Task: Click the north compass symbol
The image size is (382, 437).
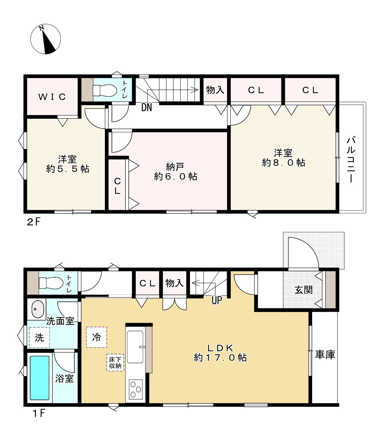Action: (x=45, y=39)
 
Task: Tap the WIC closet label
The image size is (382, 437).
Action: (x=52, y=97)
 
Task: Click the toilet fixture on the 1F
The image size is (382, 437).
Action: (x=48, y=283)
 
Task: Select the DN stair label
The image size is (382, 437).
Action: (x=147, y=107)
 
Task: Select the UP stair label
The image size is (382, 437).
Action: (x=217, y=301)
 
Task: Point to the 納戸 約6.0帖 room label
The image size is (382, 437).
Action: (x=176, y=172)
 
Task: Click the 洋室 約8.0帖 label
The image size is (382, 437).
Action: (x=283, y=157)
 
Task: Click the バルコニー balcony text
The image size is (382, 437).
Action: (x=352, y=159)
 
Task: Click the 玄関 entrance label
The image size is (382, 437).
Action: (x=303, y=290)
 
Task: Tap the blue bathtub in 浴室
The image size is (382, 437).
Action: (x=39, y=378)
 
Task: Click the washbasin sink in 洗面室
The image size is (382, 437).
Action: (x=36, y=309)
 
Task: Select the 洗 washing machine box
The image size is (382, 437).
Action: (x=39, y=337)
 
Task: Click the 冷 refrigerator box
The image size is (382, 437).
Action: (x=96, y=337)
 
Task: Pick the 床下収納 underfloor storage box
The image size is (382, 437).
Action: (x=115, y=362)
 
